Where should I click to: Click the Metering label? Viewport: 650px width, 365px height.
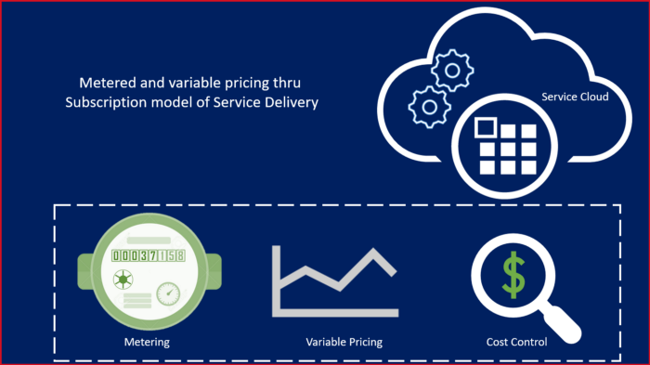[147, 342]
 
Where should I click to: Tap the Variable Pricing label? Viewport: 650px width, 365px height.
[344, 342]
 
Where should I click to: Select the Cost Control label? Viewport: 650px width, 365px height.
[516, 342]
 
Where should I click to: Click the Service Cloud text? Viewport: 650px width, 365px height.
[575, 96]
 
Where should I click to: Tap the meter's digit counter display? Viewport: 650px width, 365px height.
[148, 255]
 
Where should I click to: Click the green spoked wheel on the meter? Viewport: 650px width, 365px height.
[122, 279]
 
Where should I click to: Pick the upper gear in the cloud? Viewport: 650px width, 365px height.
[454, 68]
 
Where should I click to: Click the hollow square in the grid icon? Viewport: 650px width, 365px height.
[484, 128]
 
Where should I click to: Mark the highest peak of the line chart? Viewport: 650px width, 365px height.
[375, 252]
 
